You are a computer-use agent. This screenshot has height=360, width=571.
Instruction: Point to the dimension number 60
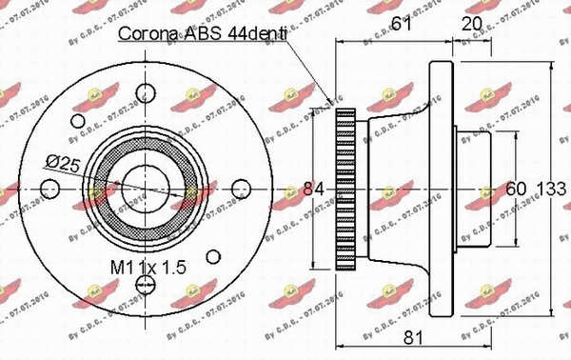[x=516, y=187]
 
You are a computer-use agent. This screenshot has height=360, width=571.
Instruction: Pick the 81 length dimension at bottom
[x=413, y=335]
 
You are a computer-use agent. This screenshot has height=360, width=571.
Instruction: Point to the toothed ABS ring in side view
[x=345, y=187]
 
